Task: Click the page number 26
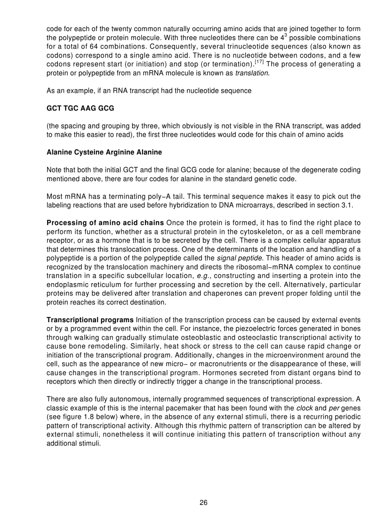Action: click(x=203, y=503)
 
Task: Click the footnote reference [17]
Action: click(x=259, y=62)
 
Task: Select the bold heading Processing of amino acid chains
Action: click(x=105, y=222)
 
